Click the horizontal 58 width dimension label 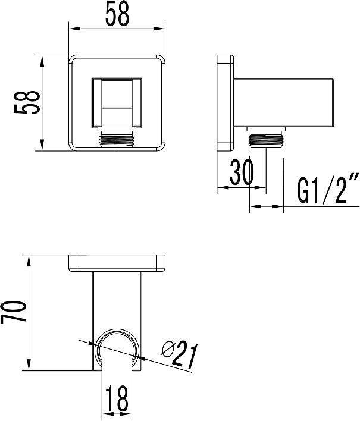click(x=117, y=14)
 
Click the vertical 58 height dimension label click(x=27, y=102)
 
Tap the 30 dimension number click(x=242, y=172)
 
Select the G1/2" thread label click(x=328, y=188)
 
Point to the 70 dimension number click(x=14, y=312)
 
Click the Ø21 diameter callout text click(x=180, y=354)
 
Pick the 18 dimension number click(x=116, y=398)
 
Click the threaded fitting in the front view click(x=117, y=137)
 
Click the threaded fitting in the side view click(x=266, y=137)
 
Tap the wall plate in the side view click(x=225, y=103)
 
